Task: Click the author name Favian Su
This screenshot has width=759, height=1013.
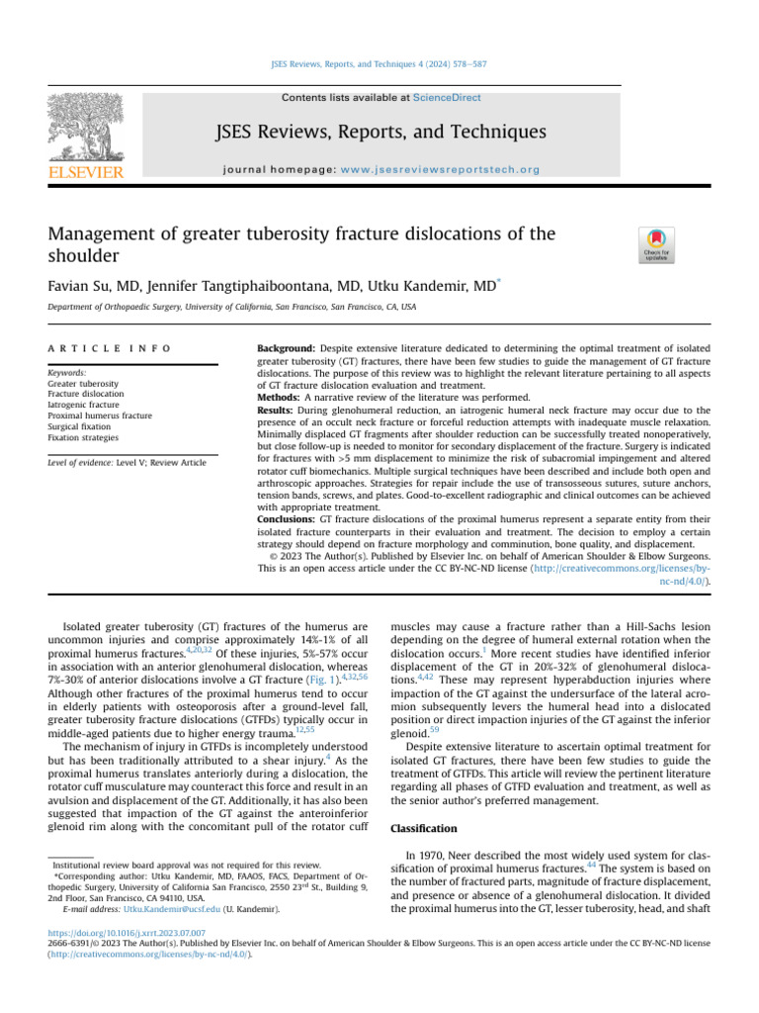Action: click(x=84, y=286)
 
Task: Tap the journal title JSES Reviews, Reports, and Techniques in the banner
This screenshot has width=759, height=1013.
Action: click(x=381, y=132)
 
